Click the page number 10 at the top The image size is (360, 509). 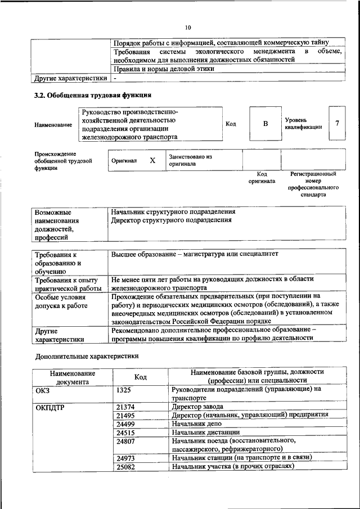pos(188,27)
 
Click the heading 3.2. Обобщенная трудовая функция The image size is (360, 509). pos(93,95)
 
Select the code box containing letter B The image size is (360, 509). pos(265,123)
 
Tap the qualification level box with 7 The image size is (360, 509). pos(336,123)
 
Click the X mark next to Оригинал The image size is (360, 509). pos(152,160)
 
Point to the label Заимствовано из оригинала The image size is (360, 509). pos(189,160)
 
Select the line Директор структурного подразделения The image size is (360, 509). pos(172,220)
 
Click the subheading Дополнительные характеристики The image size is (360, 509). pos(87,356)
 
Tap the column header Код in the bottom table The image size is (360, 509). pos(141,377)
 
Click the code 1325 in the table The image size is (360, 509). pos(125,389)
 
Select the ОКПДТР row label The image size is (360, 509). pos(52,407)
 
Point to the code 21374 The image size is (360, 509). pos(127,406)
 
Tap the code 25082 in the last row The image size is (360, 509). pos(127,467)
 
